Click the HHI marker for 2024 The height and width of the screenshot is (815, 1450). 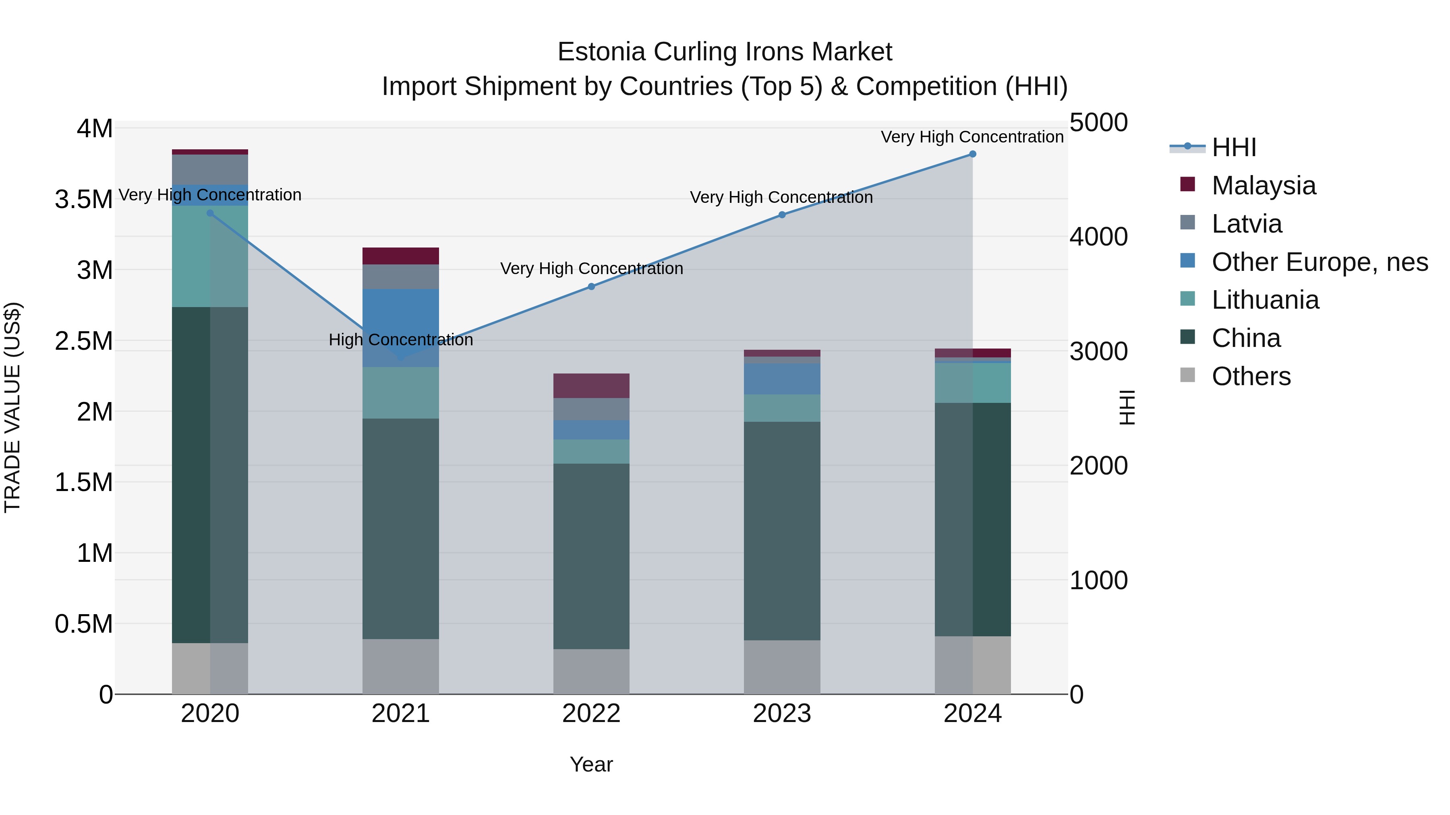(972, 154)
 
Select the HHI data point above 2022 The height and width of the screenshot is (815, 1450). (591, 287)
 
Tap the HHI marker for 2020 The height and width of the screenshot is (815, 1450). (210, 213)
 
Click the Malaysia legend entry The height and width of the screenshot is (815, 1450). (1263, 186)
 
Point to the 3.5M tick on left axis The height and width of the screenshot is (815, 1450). (84, 200)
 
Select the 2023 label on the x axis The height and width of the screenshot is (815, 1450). (782, 714)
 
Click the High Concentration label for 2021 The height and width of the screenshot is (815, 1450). (400, 340)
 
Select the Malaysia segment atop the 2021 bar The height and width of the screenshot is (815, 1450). (400, 256)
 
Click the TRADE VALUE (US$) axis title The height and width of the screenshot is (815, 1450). (12, 407)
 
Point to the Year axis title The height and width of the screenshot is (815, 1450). (591, 764)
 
